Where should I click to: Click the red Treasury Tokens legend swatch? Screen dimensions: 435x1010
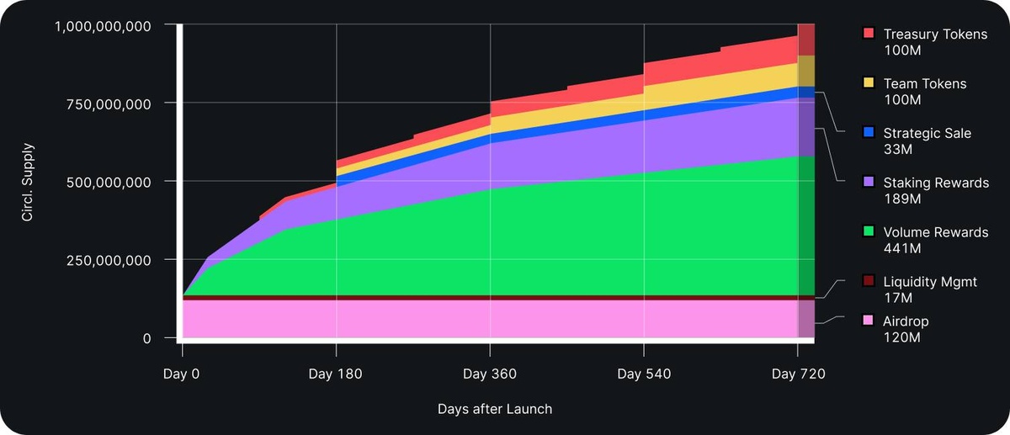click(869, 34)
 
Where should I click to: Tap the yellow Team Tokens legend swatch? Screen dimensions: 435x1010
click(869, 83)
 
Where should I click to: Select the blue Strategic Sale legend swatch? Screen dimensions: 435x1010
click(869, 133)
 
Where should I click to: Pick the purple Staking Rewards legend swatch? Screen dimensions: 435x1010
click(869, 182)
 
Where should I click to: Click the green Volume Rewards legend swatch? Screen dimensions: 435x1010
click(869, 231)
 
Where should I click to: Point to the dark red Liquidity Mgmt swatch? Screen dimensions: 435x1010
click(869, 281)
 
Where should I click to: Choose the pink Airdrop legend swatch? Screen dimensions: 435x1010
click(869, 321)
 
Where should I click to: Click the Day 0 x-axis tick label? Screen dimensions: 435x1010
click(182, 373)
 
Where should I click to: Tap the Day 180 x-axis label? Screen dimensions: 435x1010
click(336, 373)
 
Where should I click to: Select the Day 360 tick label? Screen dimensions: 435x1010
click(490, 373)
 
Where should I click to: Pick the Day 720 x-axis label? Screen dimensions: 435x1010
click(797, 373)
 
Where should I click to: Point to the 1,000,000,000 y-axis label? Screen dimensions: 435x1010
click(104, 25)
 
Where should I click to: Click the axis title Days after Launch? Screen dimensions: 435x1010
click(495, 409)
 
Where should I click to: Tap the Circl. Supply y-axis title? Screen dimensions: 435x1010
click(27, 181)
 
